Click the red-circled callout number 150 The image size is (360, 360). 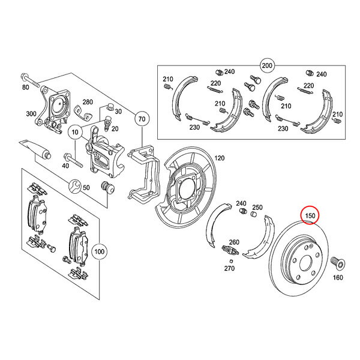[x=310, y=215]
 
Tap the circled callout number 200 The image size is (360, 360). [x=267, y=64]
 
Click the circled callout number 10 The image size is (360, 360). [x=75, y=130]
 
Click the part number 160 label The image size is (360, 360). [x=338, y=277]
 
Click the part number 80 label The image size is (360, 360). [x=25, y=88]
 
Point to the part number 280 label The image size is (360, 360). [x=88, y=103]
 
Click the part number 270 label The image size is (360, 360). [x=229, y=269]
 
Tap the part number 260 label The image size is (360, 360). [x=234, y=242]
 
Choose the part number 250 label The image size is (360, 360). [x=257, y=207]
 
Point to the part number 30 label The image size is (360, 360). [x=118, y=112]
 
